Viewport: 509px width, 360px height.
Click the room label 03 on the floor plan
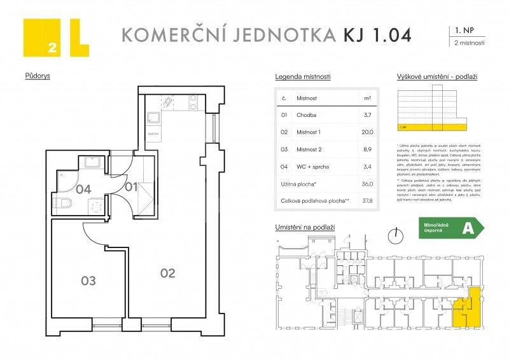(88, 280)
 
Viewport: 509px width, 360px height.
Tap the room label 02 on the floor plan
(167, 273)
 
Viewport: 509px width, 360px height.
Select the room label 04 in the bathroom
(83, 189)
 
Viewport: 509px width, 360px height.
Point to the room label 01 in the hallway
(130, 186)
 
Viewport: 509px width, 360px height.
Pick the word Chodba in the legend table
(307, 115)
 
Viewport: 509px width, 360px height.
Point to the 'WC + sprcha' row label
(312, 167)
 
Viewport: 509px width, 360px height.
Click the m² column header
(367, 99)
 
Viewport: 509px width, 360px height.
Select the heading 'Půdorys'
(38, 76)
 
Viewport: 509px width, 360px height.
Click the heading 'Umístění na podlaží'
(305, 227)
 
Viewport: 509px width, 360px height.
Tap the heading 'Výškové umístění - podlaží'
(436, 76)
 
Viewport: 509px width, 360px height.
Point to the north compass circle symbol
(397, 235)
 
